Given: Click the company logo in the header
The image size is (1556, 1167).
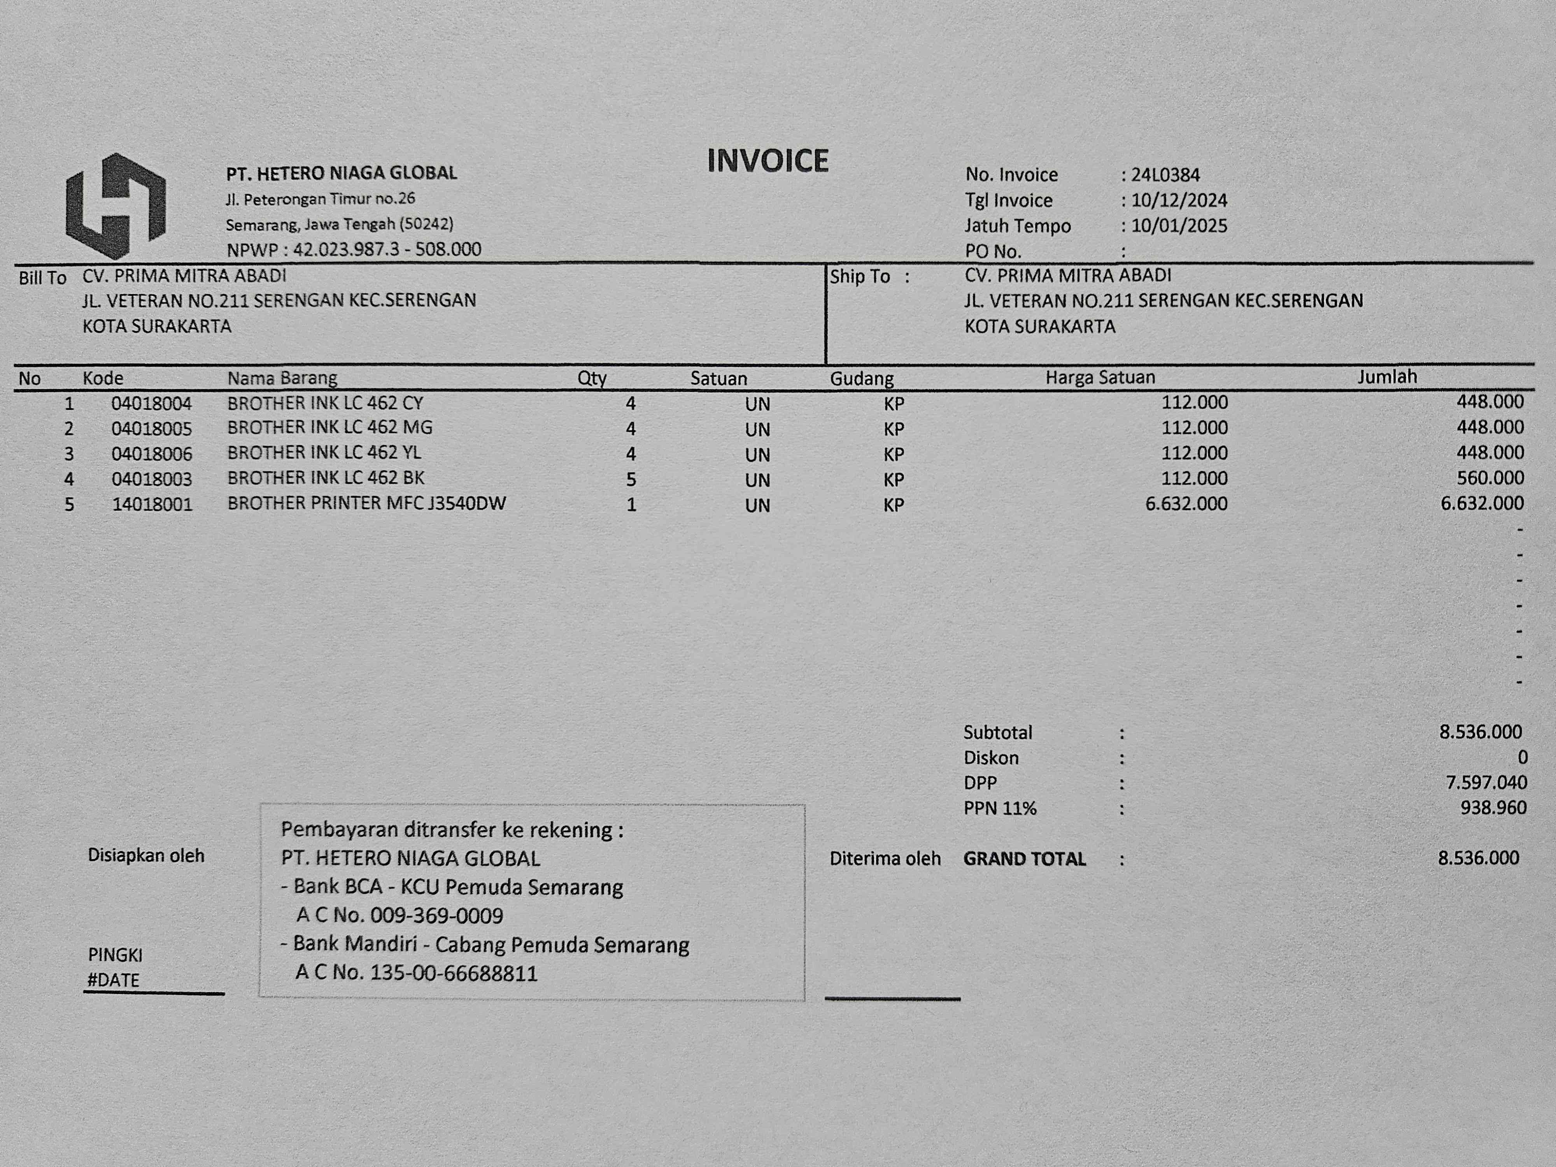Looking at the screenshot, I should (116, 205).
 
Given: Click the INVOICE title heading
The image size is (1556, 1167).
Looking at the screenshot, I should (767, 161).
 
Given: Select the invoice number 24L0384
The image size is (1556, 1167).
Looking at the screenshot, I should (1165, 174).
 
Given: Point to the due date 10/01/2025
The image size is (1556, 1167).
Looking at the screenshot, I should (1179, 226).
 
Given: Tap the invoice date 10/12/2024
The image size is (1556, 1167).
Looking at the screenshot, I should (1179, 200).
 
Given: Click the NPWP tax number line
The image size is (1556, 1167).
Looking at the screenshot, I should (354, 250).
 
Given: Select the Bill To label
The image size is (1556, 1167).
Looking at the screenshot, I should (42, 278).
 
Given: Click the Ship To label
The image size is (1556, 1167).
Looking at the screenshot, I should (860, 277).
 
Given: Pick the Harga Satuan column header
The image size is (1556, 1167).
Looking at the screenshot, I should (1099, 378).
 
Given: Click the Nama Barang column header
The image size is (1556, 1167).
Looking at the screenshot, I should (282, 378).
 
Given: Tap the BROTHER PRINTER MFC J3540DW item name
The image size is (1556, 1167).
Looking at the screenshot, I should (366, 504).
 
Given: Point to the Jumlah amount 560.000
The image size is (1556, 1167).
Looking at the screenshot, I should (1490, 478).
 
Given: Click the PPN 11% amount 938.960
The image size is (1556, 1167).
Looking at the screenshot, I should (1493, 808).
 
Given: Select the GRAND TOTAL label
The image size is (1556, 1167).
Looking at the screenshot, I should (1024, 859).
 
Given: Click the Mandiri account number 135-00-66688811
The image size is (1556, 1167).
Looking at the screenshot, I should (454, 974).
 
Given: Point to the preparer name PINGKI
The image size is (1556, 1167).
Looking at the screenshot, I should (116, 955).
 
